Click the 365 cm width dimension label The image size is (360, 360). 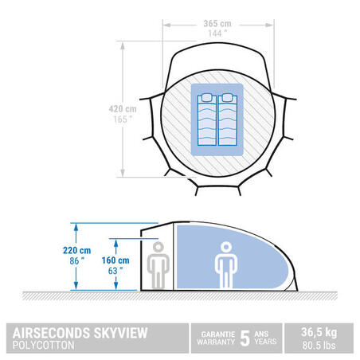pos(217,24)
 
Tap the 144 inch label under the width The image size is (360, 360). pos(217,33)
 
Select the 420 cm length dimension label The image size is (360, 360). pos(123,109)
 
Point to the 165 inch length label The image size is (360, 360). pos(123,119)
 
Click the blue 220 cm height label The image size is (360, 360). pos(77,250)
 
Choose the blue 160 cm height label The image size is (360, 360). pos(115,260)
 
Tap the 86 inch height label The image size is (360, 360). pos(77,261)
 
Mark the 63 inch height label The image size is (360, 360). pos(115,271)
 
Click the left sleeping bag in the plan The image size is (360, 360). pos(207,119)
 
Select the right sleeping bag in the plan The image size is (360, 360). pos(228,119)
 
